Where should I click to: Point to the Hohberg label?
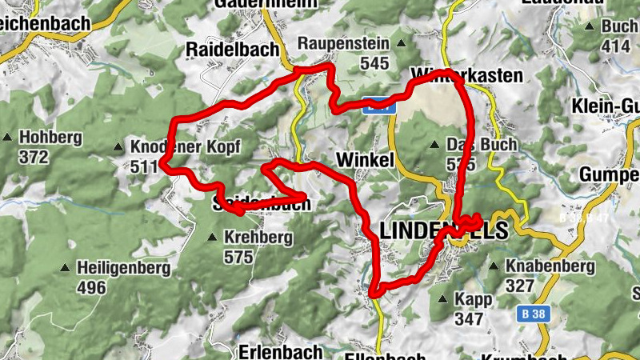pos(51,138)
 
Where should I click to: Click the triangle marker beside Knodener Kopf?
pos(118,147)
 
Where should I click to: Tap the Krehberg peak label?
pos(258,238)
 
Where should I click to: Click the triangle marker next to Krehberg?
pos(212,238)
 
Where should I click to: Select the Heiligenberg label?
pos(123,268)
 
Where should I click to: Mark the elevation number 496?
pos(91,287)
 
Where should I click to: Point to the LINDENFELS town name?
pos(443,231)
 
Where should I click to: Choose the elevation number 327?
pos(521,286)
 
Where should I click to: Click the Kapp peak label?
pos(470,299)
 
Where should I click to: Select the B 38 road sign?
pos(531,314)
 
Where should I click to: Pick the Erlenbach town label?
pos(280,351)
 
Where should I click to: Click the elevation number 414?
pos(615,46)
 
